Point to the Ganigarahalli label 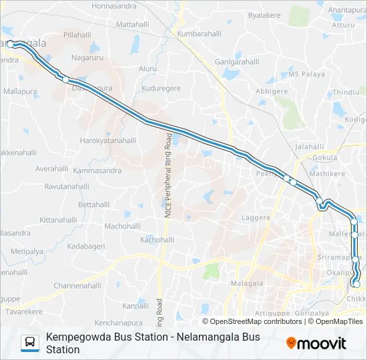(x=237, y=62)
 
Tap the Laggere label (x=256, y=218)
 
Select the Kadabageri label (x=86, y=247)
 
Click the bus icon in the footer (x=30, y=343)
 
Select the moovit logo (x=316, y=343)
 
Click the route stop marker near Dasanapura (x=66, y=79)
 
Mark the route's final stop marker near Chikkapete (x=356, y=284)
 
